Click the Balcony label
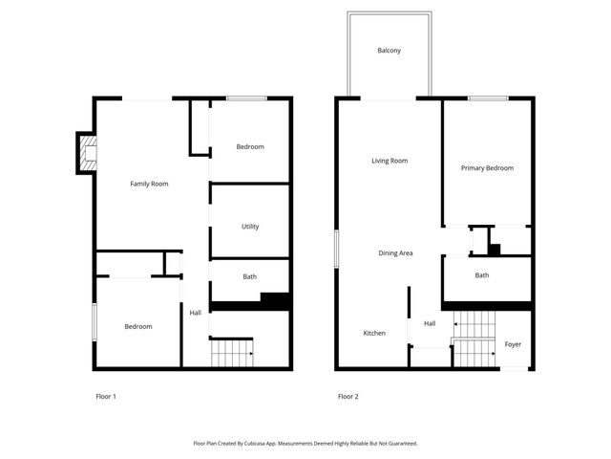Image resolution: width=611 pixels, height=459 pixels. [389, 50]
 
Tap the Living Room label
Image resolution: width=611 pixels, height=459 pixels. [390, 161]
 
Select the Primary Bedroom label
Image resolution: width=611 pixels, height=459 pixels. [487, 168]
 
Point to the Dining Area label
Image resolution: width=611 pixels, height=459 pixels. [395, 253]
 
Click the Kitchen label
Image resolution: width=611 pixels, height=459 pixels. [374, 334]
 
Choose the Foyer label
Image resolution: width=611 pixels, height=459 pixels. [513, 344]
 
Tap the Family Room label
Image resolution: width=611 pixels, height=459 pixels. [149, 184]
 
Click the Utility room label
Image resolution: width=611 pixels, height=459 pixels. [250, 227]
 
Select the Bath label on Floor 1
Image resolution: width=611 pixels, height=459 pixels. [249, 277]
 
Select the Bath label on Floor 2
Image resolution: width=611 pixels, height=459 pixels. [482, 275]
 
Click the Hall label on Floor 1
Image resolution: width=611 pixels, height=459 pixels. [195, 313]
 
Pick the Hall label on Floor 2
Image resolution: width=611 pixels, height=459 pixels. [430, 323]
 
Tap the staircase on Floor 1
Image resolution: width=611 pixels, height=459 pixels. [231, 353]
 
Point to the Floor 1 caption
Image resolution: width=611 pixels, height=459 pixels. [106, 397]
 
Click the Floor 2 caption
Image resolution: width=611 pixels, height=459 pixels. [348, 397]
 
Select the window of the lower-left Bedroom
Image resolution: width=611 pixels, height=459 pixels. [94, 320]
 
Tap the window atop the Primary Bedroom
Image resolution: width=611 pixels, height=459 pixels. [487, 98]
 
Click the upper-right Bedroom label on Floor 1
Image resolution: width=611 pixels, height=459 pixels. [250, 146]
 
